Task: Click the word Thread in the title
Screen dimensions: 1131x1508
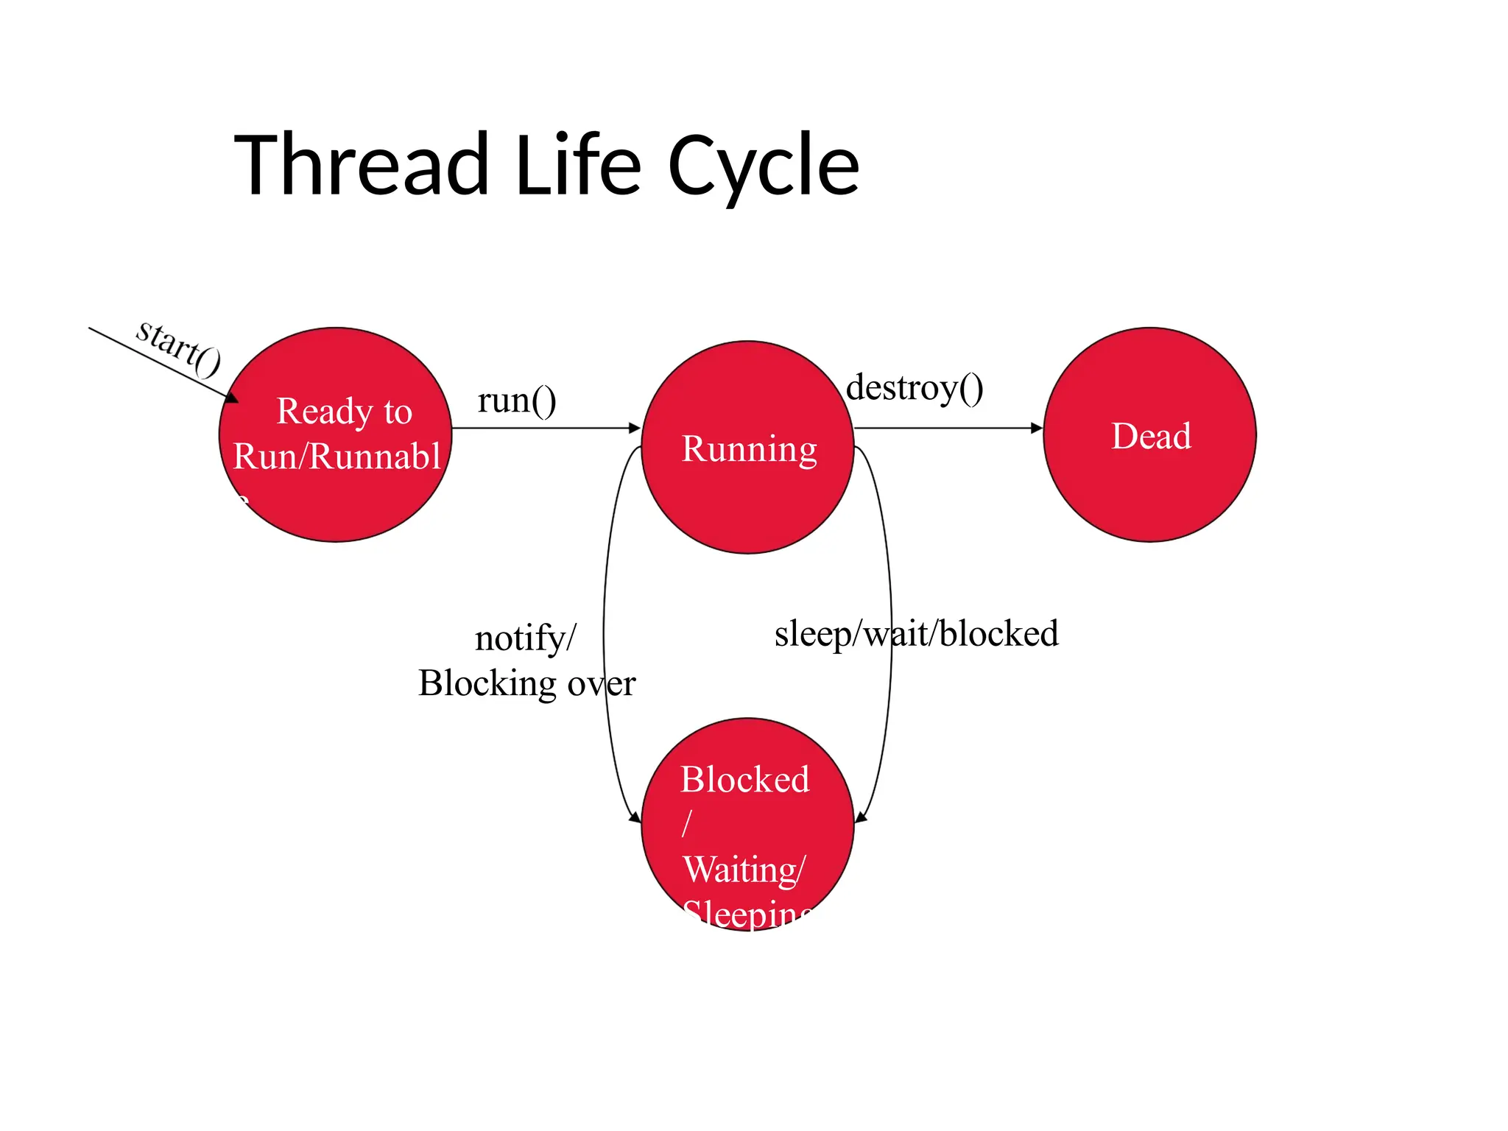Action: (x=361, y=165)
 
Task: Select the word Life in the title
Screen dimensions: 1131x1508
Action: (x=578, y=165)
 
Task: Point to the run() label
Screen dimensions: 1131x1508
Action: (x=517, y=401)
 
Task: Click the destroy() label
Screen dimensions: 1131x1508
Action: (x=915, y=388)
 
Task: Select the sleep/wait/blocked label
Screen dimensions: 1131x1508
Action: (x=916, y=634)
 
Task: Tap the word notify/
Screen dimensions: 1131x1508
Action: (x=525, y=638)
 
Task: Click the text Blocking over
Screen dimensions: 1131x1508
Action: (x=526, y=683)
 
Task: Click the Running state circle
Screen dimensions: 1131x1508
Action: (x=747, y=508)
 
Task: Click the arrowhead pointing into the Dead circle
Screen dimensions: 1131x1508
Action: (x=1037, y=428)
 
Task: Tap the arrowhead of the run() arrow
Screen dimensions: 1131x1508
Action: (x=635, y=428)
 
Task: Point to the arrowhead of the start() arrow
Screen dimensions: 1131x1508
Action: (x=232, y=398)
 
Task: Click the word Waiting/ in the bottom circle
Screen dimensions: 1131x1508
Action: (x=744, y=870)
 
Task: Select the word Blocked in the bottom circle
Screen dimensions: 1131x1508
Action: (x=744, y=780)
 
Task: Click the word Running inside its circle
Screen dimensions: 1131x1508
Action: (x=749, y=449)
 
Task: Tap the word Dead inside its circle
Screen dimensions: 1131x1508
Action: (x=1151, y=436)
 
